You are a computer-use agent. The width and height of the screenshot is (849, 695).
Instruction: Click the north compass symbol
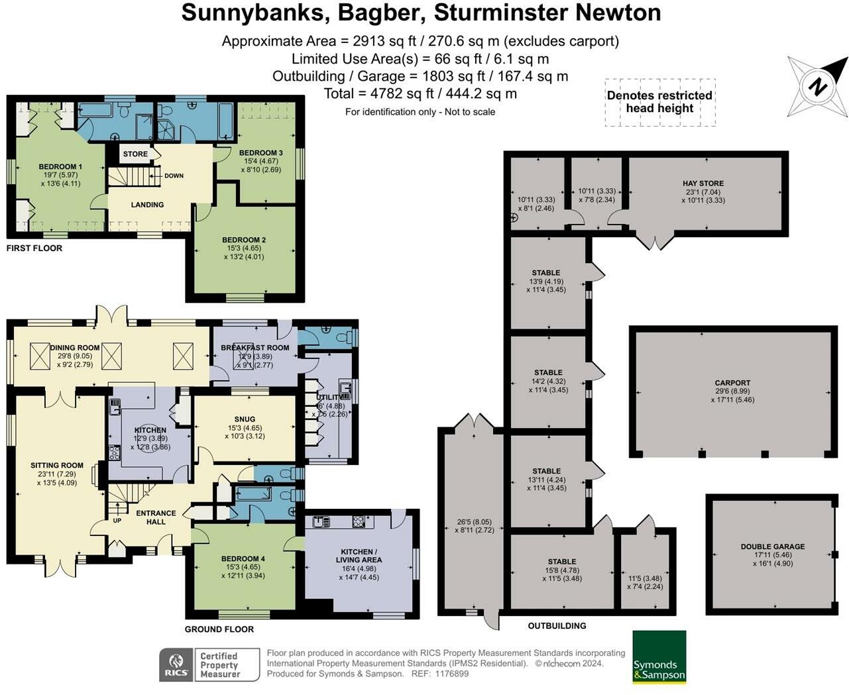coord(818,86)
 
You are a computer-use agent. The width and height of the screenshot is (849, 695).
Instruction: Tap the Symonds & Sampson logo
coord(659,657)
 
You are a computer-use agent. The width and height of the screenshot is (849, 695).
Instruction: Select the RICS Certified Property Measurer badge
coord(201,665)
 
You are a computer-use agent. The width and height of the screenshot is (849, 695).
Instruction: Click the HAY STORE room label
coord(703,184)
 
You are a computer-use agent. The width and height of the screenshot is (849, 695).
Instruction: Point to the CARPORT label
coord(732,383)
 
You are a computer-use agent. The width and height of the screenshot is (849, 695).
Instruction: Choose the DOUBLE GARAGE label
coord(772,547)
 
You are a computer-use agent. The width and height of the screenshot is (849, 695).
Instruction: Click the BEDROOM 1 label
coord(60,167)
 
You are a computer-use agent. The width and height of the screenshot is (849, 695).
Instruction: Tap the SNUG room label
coord(245,419)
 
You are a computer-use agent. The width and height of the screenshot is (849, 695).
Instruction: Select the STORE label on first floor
coord(135,154)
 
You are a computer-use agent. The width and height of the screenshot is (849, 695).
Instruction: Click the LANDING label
coord(147,205)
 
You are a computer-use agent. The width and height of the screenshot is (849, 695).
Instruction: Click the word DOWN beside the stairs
coord(174,176)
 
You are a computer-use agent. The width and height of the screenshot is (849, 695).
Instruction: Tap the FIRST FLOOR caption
coord(34,248)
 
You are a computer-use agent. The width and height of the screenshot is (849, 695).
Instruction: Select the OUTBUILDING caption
coord(557,625)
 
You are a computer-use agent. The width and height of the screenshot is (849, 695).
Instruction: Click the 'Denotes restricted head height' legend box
coord(659,102)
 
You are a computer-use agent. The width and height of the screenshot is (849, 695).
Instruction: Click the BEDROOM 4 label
coord(243,559)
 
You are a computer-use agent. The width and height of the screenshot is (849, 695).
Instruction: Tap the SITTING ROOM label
coord(57,466)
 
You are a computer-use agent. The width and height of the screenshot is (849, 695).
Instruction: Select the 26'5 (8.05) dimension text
coord(475,521)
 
